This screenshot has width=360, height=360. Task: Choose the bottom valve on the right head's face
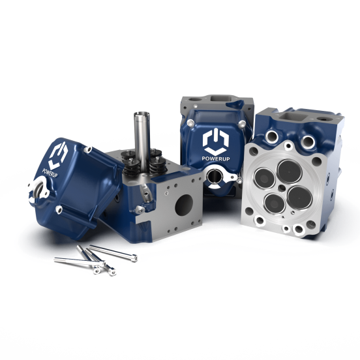click(x=274, y=197)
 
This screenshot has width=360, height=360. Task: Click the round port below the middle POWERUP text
click(x=213, y=177)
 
